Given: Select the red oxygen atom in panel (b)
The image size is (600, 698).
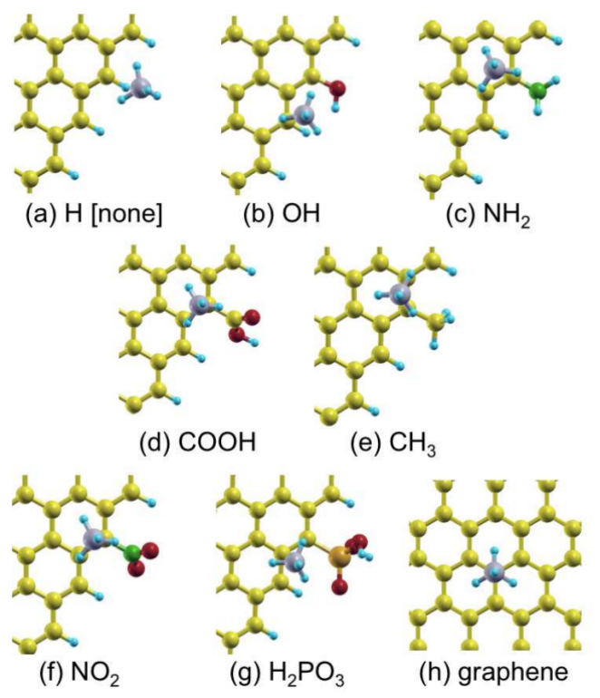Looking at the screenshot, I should click(336, 89).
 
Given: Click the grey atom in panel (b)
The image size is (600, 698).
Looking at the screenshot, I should click(305, 114).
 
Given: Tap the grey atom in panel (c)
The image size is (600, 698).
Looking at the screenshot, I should click(494, 66).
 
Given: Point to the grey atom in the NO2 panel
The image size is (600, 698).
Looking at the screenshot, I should click(93, 538).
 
